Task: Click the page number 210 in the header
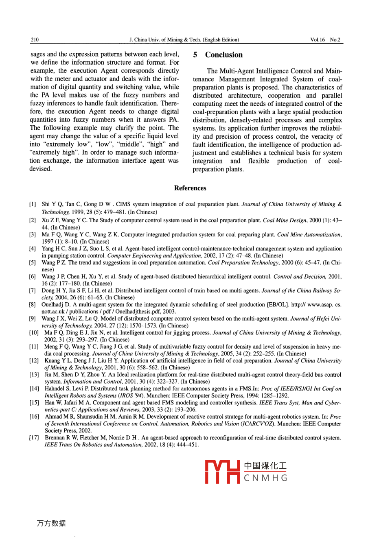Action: [35, 40]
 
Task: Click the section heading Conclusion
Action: [223, 55]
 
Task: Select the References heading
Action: [190, 188]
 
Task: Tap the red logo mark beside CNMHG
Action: [222, 472]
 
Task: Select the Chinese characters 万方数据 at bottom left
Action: [51, 524]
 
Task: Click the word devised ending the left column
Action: [41, 169]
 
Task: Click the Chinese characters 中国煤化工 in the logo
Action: [266, 466]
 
